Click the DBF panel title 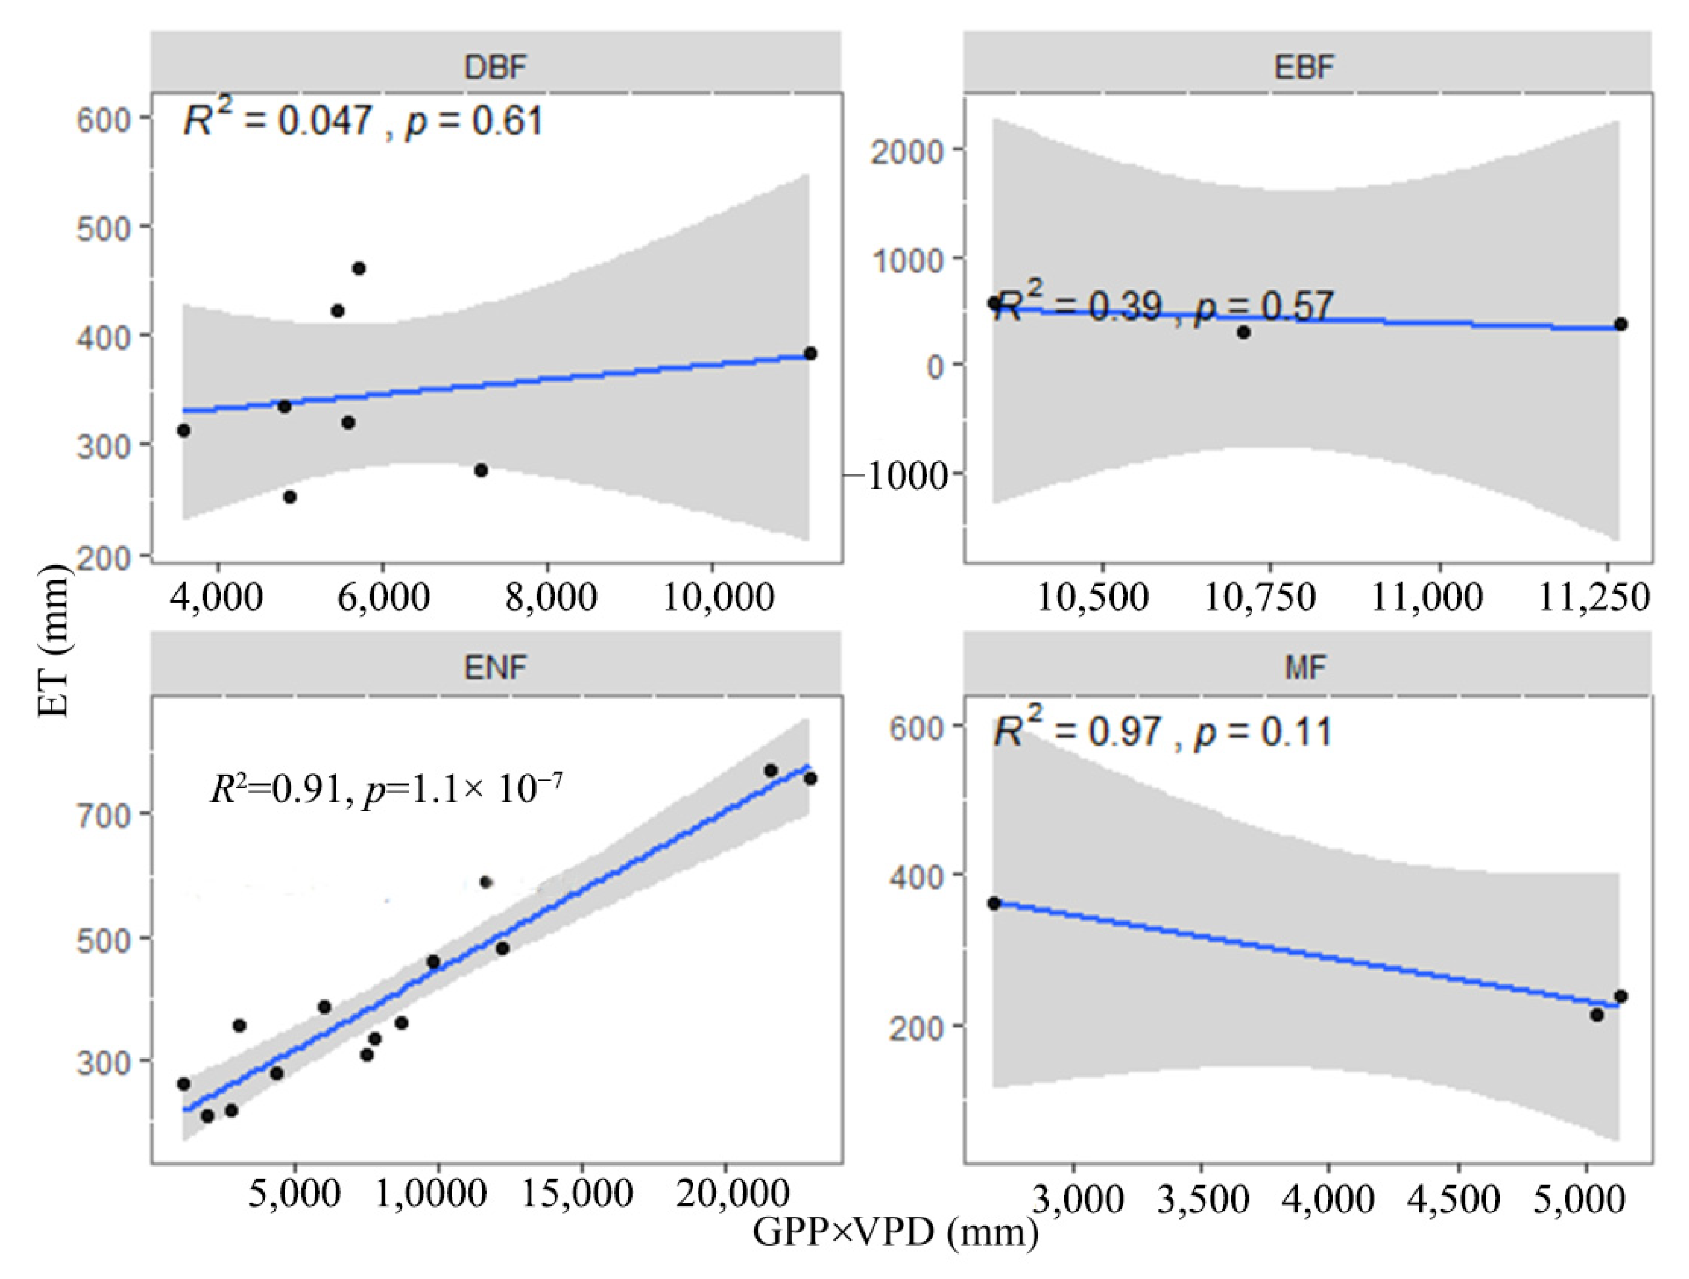496,67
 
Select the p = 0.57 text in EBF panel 1264,307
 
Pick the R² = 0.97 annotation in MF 1076,731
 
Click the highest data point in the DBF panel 358,268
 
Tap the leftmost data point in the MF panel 993,903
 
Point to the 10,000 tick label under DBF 718,596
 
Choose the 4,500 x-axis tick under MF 1457,1199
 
